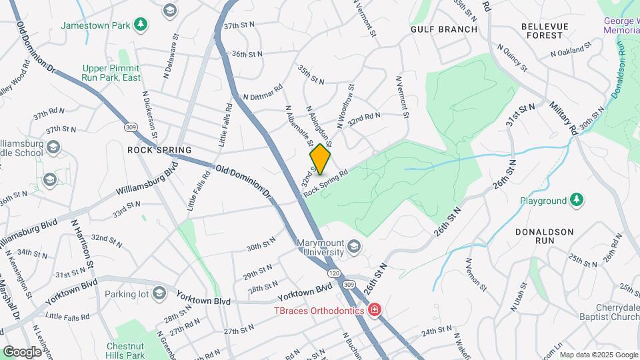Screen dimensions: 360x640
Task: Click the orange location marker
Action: (x=320, y=159)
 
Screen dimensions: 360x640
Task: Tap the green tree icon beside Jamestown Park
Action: (x=140, y=25)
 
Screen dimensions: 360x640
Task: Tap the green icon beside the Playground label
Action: (x=577, y=200)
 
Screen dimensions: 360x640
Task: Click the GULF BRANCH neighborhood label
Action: (x=444, y=29)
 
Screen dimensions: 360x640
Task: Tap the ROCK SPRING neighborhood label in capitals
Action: (x=159, y=150)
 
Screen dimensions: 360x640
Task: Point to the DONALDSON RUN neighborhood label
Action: (x=545, y=237)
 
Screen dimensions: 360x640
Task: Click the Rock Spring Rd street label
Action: (x=327, y=182)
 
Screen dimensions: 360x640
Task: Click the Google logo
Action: (x=21, y=351)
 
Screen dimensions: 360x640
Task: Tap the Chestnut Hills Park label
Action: (x=125, y=351)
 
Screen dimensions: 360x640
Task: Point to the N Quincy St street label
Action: (x=513, y=57)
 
